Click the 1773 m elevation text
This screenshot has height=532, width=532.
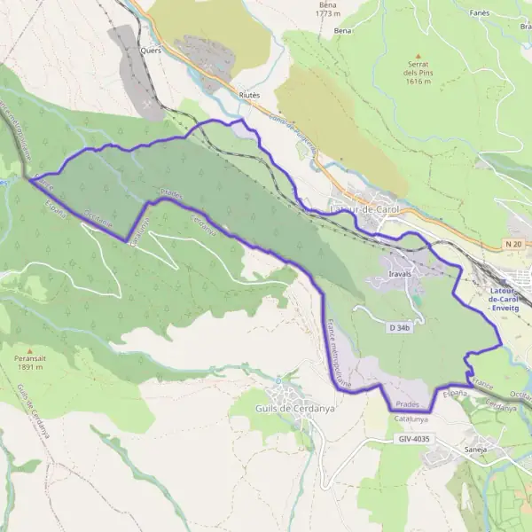[x=328, y=14]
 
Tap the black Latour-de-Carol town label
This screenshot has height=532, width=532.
[x=364, y=209]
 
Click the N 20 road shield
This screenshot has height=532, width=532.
[x=512, y=244]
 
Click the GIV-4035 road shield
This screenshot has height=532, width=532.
[x=413, y=439]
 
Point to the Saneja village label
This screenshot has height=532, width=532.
[x=478, y=450]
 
